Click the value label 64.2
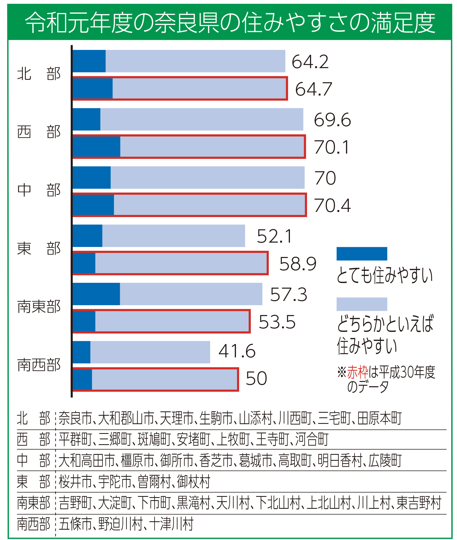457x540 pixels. point(310,62)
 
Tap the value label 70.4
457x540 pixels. point(332,205)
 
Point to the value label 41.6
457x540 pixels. point(237,351)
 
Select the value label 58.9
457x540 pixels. point(298,263)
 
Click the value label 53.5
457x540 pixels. point(277,322)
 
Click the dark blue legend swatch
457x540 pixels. point(362,254)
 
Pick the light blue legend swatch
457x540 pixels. point(362,304)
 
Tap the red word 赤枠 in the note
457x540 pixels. point(357,372)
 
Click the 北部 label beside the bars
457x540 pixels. point(39,74)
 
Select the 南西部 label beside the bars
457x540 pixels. point(39,365)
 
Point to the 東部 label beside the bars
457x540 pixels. point(39,249)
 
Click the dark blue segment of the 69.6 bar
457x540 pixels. point(86,119)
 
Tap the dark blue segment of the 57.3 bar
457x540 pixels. point(96,294)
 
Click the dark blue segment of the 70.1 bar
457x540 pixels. point(96,147)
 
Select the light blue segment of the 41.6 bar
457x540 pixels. point(150,352)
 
